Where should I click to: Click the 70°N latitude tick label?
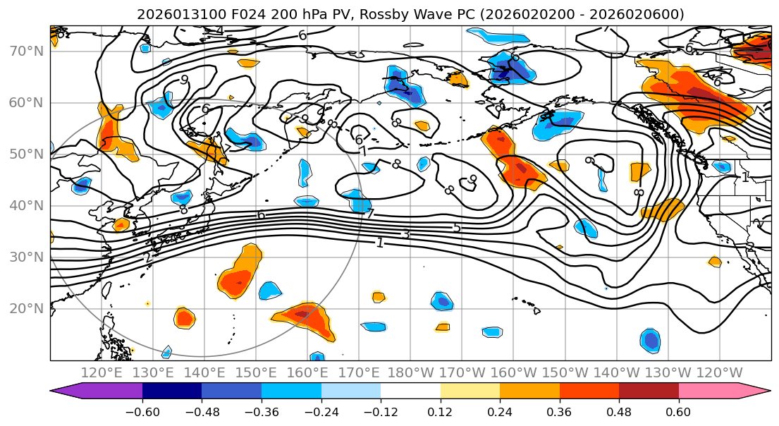[25, 51]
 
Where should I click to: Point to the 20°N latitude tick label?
[25, 309]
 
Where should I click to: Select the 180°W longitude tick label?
[410, 372]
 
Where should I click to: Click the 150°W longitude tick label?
[565, 372]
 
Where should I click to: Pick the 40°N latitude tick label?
[25, 206]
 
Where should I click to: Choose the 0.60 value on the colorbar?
[678, 410]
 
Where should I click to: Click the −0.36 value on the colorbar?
[261, 410]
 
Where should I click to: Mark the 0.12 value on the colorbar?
[440, 410]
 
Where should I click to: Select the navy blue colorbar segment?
[171, 391]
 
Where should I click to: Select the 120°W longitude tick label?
[720, 372]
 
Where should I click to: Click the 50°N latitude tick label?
[25, 154]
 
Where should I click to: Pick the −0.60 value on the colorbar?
[142, 410]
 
